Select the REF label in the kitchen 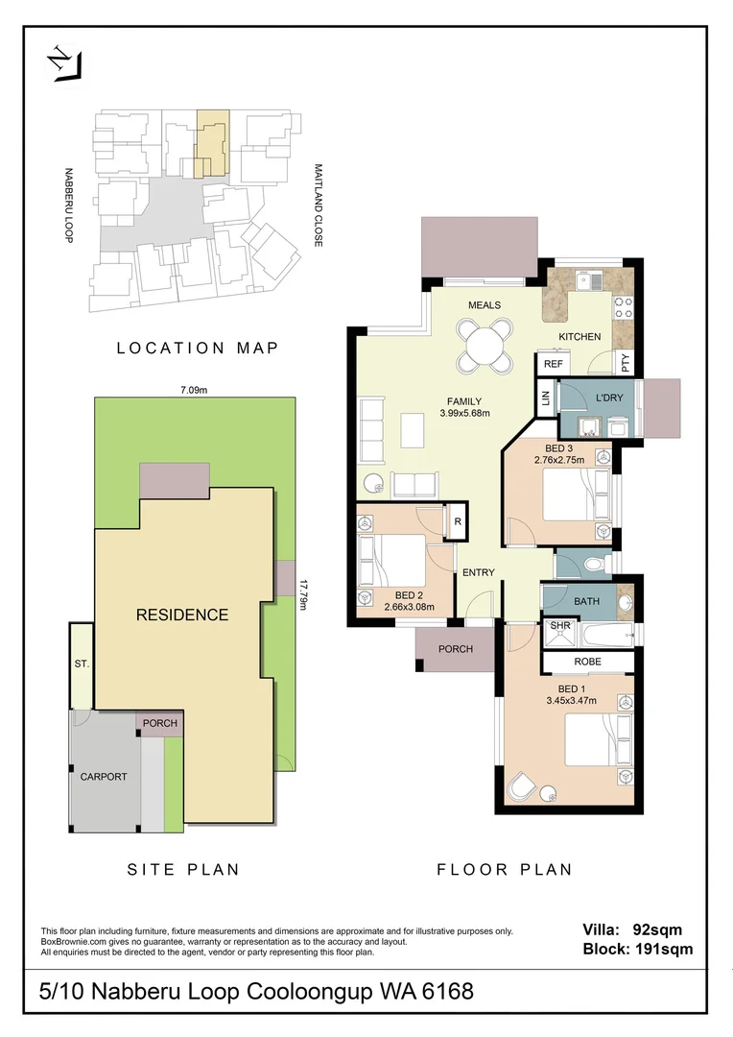point(554,365)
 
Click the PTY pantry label point(627,363)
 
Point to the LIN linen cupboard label point(545,398)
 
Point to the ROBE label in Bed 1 point(588,663)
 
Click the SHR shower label point(559,626)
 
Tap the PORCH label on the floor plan point(456,649)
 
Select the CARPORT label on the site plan point(104,777)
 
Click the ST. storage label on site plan point(81,663)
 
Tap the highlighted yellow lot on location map point(212,141)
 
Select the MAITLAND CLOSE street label point(317,205)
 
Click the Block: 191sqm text point(637,950)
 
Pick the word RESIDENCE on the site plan point(181,615)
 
